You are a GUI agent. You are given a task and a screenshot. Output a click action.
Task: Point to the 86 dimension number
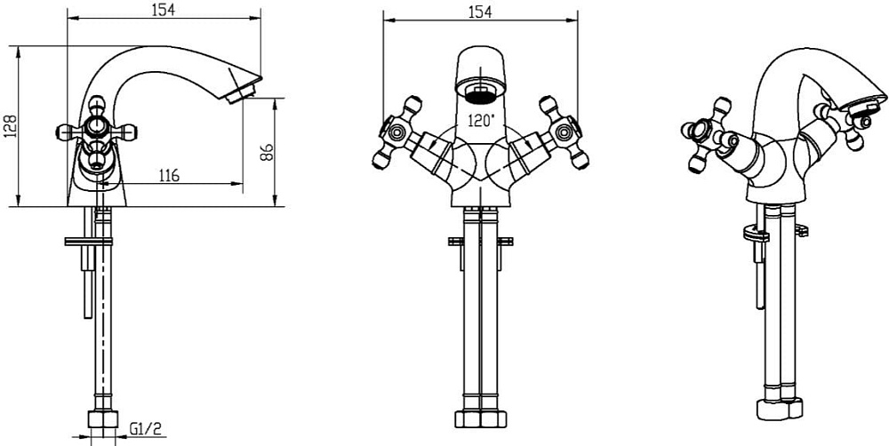[267, 152]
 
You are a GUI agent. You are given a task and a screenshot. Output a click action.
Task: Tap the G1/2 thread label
[146, 428]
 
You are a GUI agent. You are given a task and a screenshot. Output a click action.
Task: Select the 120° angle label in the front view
[481, 120]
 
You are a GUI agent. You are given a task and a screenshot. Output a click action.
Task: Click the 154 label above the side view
[164, 9]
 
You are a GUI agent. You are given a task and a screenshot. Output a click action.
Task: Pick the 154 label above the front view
[480, 12]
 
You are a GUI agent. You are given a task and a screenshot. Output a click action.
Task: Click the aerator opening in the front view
[480, 93]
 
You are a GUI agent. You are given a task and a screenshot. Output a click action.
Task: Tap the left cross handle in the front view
[397, 132]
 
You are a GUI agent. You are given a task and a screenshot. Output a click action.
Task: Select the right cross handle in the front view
[564, 132]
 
